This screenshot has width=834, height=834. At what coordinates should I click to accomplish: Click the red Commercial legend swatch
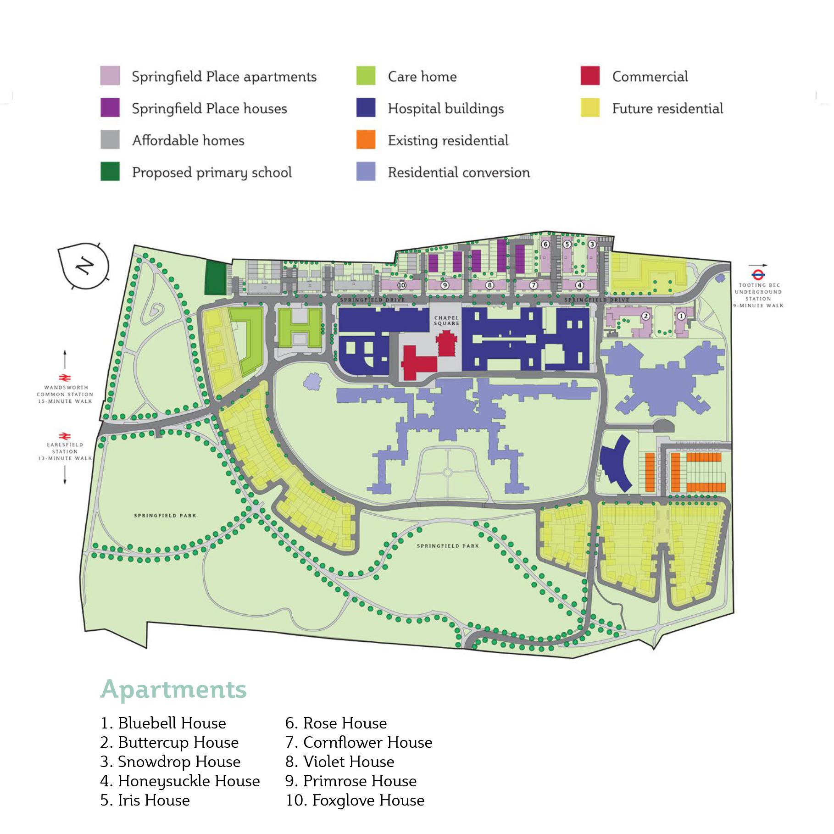[589, 76]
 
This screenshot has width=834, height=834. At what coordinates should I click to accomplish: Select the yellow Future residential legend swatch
[589, 108]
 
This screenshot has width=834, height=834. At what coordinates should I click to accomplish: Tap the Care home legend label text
[422, 77]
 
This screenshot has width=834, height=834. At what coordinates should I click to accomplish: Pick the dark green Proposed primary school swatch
[110, 172]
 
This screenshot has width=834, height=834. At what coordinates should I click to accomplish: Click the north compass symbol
[84, 266]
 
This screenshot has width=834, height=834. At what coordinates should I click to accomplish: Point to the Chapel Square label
[446, 320]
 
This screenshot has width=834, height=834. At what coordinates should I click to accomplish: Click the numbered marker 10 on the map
[401, 285]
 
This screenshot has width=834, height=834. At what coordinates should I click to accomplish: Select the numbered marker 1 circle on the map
[681, 316]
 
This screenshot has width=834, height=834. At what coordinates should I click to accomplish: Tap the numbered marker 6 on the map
[545, 244]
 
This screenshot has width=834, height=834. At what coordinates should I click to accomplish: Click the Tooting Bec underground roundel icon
[758, 275]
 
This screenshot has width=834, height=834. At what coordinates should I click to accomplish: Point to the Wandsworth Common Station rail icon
[65, 378]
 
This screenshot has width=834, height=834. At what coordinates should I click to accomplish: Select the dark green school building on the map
[216, 278]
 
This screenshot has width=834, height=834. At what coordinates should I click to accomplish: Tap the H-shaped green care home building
[300, 327]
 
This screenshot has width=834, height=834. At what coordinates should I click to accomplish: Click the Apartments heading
[173, 689]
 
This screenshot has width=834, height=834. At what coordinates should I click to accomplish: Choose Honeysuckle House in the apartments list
[180, 780]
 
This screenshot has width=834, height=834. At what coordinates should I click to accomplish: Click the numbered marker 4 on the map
[579, 285]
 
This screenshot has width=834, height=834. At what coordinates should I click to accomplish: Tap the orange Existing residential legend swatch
[366, 139]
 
